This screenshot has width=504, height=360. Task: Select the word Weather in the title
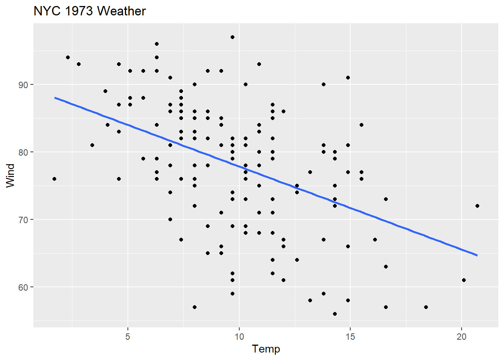121,11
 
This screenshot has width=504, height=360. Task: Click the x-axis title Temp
266,349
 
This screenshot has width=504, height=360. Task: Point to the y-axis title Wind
10,175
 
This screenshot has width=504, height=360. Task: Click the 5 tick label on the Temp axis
128,337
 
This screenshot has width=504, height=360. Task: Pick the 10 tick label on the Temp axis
239,337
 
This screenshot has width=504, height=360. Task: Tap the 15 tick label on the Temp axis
350,337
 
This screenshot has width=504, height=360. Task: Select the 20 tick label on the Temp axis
461,337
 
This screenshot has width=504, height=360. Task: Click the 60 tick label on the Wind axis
23,287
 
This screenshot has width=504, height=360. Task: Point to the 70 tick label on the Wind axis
23,220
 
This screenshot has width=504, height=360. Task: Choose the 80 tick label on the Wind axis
23,152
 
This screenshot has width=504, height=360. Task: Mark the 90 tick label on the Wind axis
23,85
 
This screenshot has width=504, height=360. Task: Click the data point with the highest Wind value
232,37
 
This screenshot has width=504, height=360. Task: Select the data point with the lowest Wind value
335,314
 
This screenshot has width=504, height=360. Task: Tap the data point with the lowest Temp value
54,179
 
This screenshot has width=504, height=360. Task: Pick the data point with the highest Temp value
477,206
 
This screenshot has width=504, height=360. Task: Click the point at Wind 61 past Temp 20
464,280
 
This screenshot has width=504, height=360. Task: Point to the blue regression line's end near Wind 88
55,98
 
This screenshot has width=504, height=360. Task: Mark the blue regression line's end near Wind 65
477,255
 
